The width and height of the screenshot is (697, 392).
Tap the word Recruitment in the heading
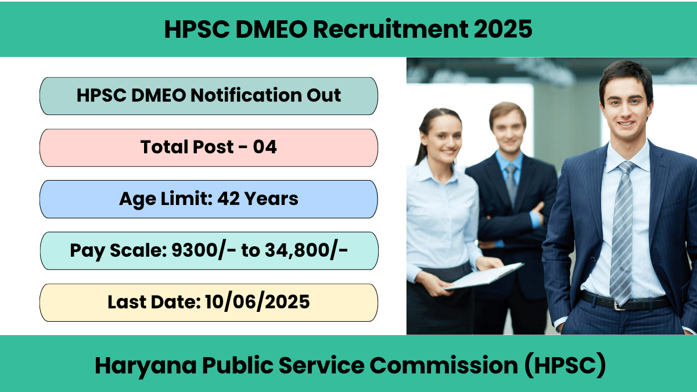pos(390,29)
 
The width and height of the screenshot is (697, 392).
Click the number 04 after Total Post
pos(264,147)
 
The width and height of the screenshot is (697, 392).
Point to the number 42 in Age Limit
pos(228,199)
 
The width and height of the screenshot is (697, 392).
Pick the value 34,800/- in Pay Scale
pos(306,250)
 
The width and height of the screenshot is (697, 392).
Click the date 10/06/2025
pos(257,302)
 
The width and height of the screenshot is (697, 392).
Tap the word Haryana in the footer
pos(146,366)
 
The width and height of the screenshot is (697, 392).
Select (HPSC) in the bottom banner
pos(565,365)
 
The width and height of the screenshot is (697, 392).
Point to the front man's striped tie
pos(622,233)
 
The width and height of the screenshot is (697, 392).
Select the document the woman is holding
pos(483,276)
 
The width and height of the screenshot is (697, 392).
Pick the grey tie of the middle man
pos(512,184)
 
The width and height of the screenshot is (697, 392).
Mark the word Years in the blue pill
pos(271,199)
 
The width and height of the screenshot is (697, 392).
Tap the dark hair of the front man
pos(626,75)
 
